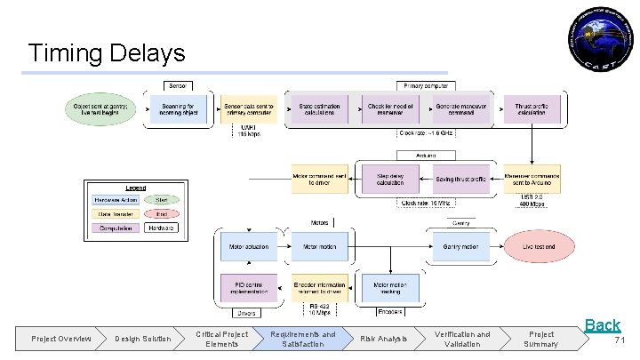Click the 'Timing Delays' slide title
107,52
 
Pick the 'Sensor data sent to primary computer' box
249,108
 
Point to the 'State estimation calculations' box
320,108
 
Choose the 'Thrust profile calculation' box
532,108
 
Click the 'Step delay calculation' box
390,179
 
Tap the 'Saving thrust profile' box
462,179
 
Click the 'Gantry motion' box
461,245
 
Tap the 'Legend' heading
135,188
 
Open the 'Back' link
602,325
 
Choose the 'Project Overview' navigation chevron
60,339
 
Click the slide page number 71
620,340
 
